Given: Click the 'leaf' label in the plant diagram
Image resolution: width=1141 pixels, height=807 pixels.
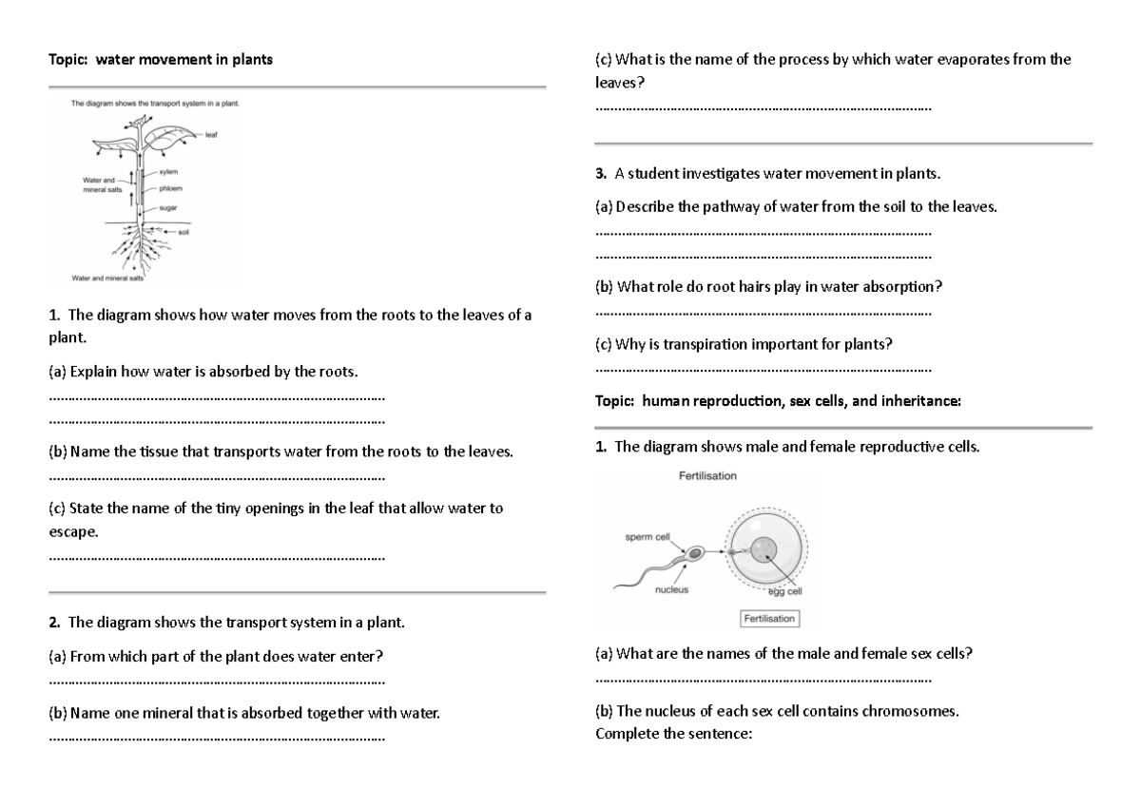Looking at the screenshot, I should [211, 135].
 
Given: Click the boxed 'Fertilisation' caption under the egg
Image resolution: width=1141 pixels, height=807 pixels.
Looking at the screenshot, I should [769, 619].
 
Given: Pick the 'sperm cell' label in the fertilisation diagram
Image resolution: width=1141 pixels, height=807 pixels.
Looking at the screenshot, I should [648, 537].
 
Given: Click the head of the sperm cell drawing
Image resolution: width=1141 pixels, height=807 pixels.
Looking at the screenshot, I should [697, 552].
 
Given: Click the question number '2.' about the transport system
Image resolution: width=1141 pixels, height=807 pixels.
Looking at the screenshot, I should [54, 624].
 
